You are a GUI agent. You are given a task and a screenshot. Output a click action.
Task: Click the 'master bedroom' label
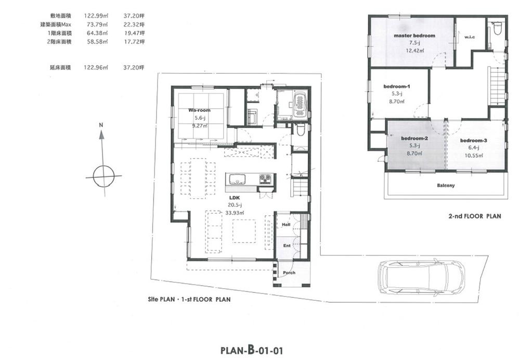click(x=414, y=36)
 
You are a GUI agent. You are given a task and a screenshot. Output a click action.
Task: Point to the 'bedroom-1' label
click(x=397, y=86)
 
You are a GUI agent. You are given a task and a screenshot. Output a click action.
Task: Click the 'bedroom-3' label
click(x=474, y=140)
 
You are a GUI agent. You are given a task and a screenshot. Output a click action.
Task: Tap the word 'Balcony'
click(x=446, y=185)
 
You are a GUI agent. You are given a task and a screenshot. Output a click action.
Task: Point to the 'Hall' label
click(x=285, y=225)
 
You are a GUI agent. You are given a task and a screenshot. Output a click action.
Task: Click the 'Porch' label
click(x=289, y=273)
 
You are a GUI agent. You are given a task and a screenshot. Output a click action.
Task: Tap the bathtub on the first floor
click(x=300, y=105)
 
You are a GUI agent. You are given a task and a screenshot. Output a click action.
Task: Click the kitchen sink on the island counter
click(x=238, y=179)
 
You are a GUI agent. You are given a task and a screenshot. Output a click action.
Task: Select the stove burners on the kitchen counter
click(x=265, y=179)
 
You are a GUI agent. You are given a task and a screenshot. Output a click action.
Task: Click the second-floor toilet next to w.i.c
click(x=496, y=29)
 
